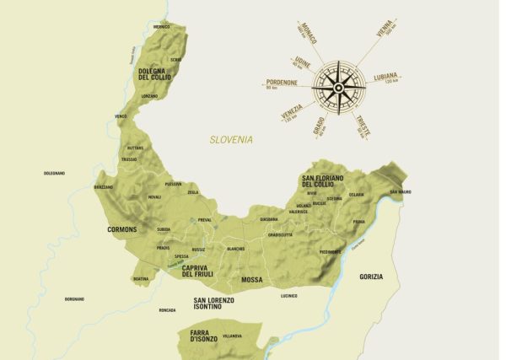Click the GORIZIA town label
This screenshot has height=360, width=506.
point(370,277)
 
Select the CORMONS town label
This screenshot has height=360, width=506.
point(122,229)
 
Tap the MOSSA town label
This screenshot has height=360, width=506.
point(251,279)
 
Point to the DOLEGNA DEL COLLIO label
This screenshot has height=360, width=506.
point(155,75)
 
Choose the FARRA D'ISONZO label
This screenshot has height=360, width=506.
point(199,340)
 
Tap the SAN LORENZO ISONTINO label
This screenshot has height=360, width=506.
point(213,304)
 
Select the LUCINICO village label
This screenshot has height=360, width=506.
point(289,296)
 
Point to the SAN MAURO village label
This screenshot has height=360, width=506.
point(400,192)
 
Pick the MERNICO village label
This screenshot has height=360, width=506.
point(162,27)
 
